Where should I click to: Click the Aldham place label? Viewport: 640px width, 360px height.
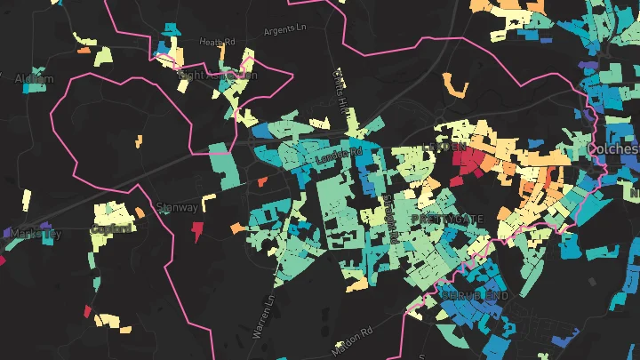tap(35, 79)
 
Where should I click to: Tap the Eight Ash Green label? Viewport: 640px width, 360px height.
tap(218, 76)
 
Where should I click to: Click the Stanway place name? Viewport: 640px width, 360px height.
tap(177, 207)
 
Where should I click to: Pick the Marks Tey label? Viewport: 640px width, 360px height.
tap(36, 234)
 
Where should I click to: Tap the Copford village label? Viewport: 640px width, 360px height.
tap(112, 228)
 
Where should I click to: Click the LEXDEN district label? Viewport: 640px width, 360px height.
tap(445, 147)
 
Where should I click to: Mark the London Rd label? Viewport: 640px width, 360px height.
tap(340, 155)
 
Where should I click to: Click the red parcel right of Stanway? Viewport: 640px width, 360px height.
tap(197, 231)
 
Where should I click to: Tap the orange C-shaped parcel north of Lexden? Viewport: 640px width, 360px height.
tap(455, 87)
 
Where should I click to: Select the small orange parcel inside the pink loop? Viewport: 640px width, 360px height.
tap(139, 140)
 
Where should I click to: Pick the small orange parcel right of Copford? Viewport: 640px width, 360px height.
tap(140, 211)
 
